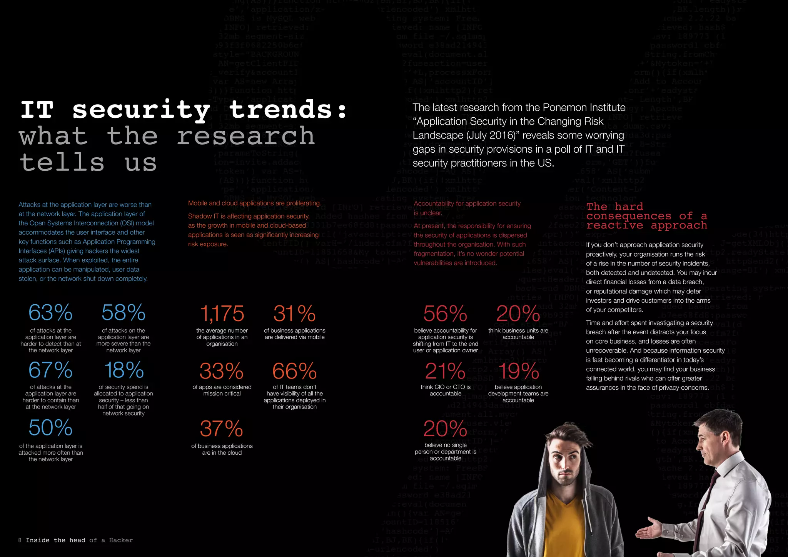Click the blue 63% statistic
[x=50, y=312]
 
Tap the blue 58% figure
[x=123, y=312]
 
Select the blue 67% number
[x=50, y=370]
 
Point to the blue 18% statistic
[x=124, y=370]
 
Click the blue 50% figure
[x=50, y=427]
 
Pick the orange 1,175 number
[x=222, y=314]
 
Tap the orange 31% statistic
[x=294, y=314]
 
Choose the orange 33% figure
[x=222, y=371]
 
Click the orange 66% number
[x=294, y=371]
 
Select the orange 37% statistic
[x=222, y=429]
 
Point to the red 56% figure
[x=445, y=314]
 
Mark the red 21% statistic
[x=445, y=371]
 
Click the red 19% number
[x=518, y=371]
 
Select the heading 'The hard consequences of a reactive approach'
[x=646, y=216]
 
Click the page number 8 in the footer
[x=20, y=540]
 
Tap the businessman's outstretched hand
[x=650, y=531]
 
